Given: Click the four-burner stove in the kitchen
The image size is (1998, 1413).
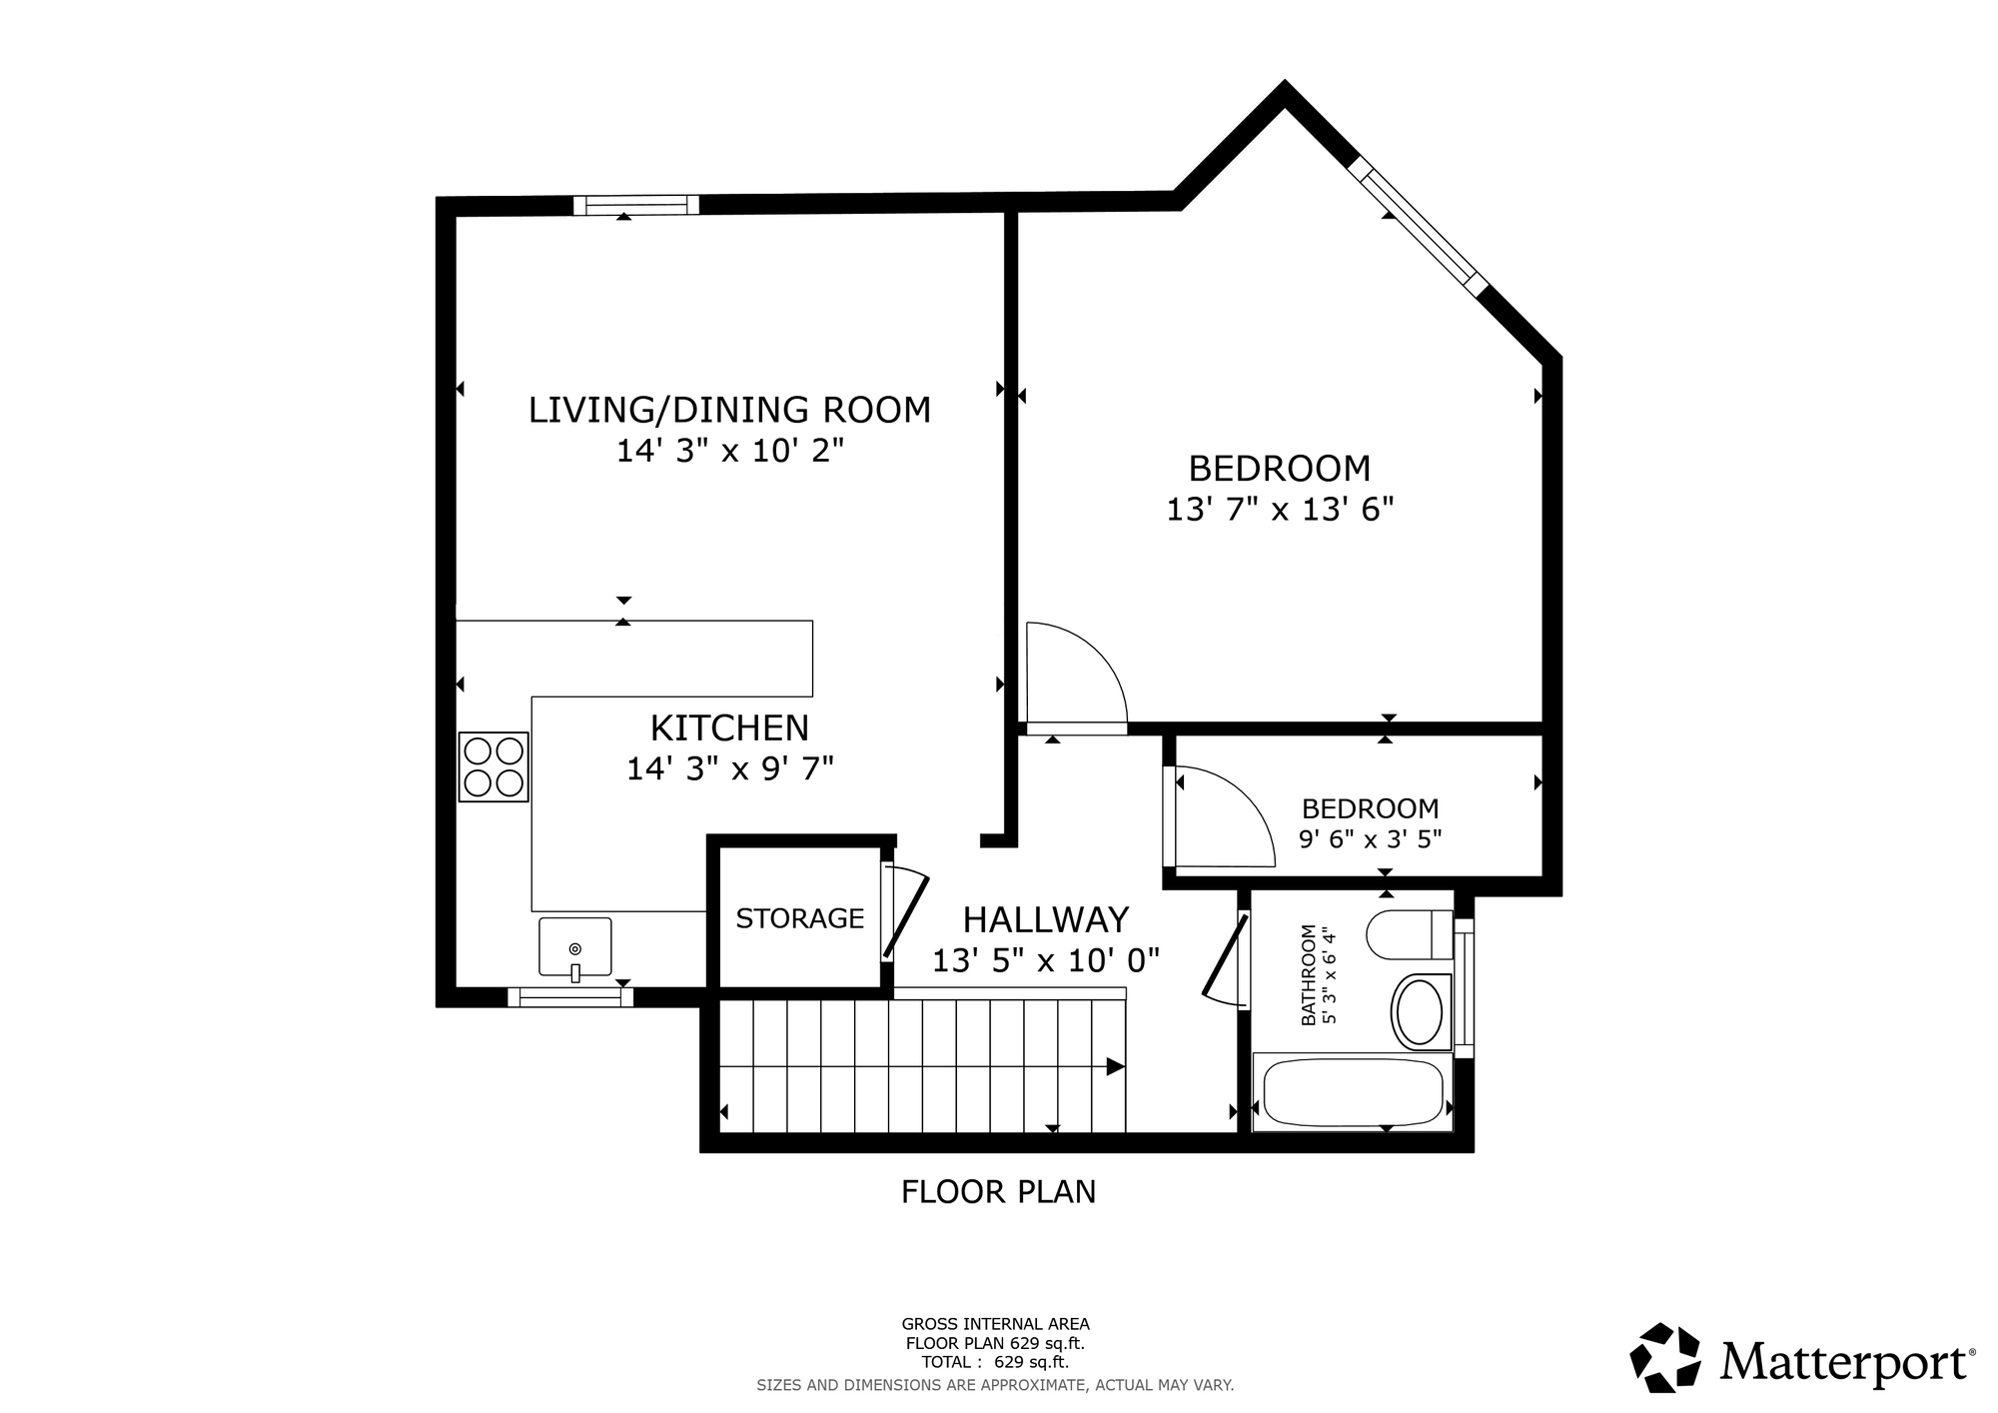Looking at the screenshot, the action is pyautogui.click(x=494, y=766).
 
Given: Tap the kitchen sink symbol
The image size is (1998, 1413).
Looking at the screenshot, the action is pyautogui.click(x=574, y=948).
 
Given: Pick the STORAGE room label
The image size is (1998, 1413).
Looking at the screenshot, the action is pyautogui.click(x=800, y=918).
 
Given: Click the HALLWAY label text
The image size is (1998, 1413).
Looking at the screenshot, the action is pyautogui.click(x=1046, y=918).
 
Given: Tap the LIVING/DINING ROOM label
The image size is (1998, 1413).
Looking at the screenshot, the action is pyautogui.click(x=729, y=410).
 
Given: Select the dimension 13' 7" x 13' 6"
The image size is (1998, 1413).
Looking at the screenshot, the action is pyautogui.click(x=1280, y=510).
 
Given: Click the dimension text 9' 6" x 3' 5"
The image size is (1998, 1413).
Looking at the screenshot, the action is pyautogui.click(x=1371, y=838).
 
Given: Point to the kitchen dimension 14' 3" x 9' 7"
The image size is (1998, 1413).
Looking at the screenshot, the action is pyautogui.click(x=729, y=768).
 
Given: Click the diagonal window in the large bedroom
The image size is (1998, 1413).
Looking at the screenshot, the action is pyautogui.click(x=1418, y=226).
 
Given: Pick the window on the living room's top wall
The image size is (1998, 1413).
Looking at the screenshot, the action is pyautogui.click(x=636, y=205).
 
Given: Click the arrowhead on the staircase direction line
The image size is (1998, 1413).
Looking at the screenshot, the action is pyautogui.click(x=1116, y=1066).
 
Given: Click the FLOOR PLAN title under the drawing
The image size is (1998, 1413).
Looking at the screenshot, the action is pyautogui.click(x=998, y=1192).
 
